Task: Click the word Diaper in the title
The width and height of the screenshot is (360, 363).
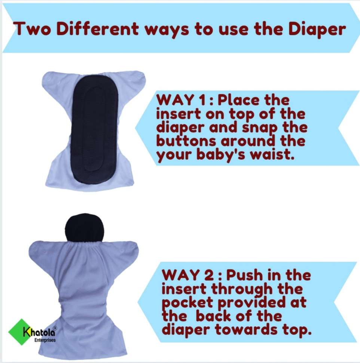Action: (317, 30)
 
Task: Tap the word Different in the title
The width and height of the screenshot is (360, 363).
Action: (97, 29)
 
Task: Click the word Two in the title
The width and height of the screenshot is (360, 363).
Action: (32, 29)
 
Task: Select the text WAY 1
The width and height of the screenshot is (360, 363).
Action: (181, 100)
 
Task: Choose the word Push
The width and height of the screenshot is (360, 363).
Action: (244, 275)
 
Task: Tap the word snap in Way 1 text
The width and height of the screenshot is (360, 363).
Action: (260, 128)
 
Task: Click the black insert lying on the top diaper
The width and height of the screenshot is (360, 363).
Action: (95, 130)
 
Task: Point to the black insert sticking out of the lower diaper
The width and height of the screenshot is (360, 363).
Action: (84, 228)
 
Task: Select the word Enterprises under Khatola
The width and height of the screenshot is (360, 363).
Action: (45, 340)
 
